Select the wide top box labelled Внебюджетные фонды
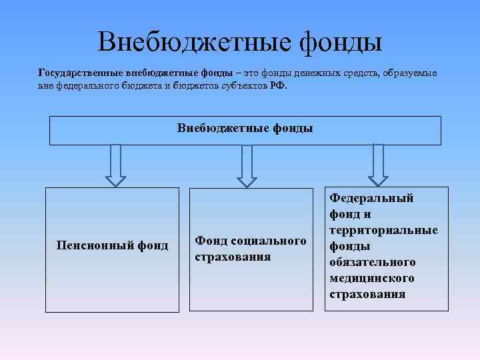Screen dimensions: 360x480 click(245, 130)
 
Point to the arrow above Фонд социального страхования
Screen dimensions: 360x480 click(247, 166)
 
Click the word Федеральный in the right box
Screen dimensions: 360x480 click(372, 198)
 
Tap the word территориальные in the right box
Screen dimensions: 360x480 click(383, 230)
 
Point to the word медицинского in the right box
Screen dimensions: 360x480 click(371, 278)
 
